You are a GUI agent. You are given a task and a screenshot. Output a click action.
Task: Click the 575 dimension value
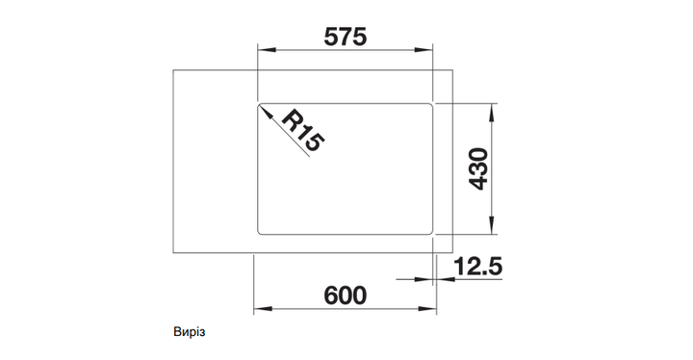346,37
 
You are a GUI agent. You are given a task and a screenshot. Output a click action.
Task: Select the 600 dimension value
346,296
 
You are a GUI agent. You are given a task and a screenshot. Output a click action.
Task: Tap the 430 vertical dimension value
478,169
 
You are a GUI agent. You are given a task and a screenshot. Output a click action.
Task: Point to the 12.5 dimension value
477,267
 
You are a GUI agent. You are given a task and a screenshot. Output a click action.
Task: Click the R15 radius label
303,131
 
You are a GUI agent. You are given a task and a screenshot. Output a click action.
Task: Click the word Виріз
190,332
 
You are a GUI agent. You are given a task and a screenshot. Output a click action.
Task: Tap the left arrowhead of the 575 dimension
267,49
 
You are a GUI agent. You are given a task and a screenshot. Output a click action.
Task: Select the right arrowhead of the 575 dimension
423,49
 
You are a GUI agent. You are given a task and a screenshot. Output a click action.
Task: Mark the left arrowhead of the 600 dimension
263,308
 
